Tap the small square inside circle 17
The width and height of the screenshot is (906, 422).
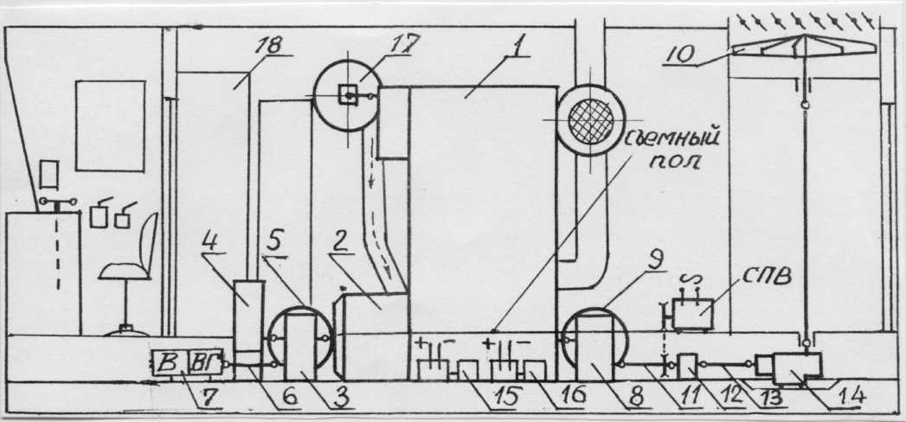click(x=349, y=96)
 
